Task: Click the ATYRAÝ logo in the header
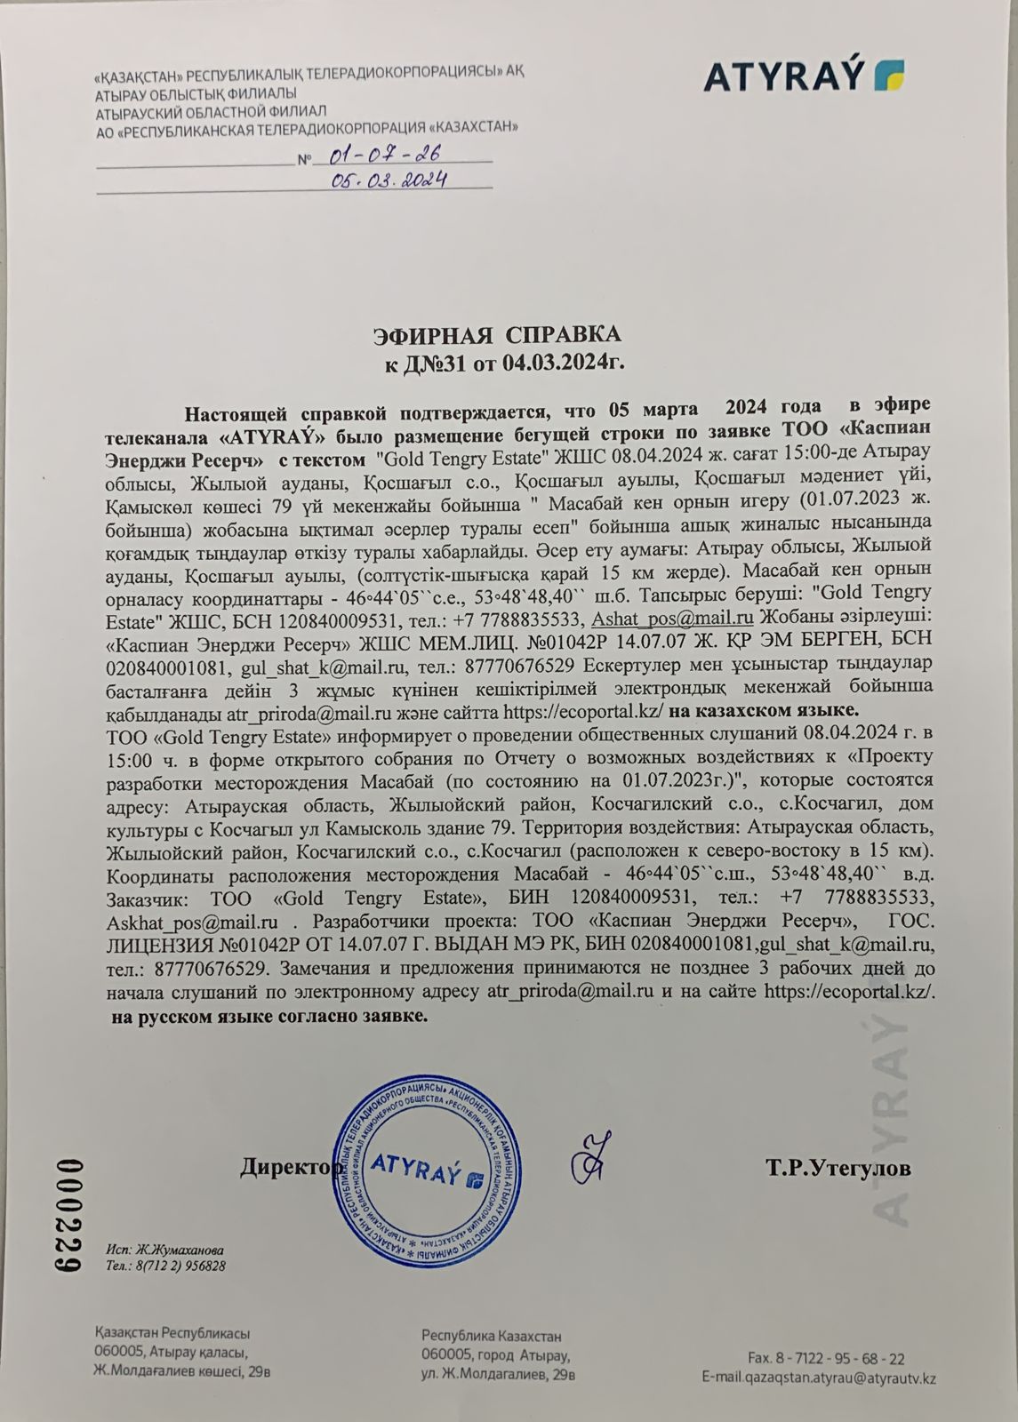(x=804, y=76)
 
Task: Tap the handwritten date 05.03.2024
(x=388, y=180)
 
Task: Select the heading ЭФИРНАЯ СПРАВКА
(x=497, y=336)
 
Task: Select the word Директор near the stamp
(x=286, y=1167)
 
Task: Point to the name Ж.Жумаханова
(x=164, y=1249)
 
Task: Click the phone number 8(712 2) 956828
(x=164, y=1265)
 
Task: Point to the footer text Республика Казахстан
(x=492, y=1337)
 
